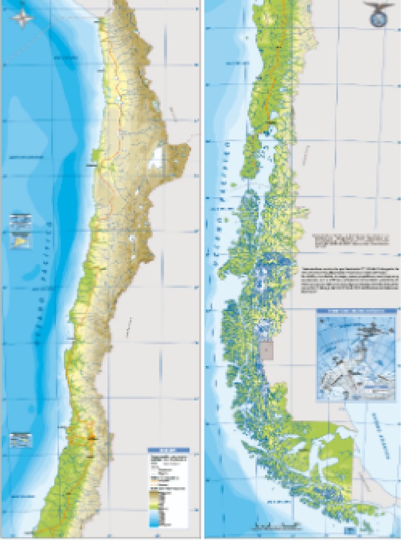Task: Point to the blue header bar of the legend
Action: (168, 451)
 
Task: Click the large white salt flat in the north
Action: (156, 158)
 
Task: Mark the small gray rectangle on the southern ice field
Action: (267, 350)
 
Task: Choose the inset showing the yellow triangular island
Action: (21, 240)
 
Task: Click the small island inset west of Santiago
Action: (21, 439)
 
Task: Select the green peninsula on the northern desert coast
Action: (97, 156)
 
